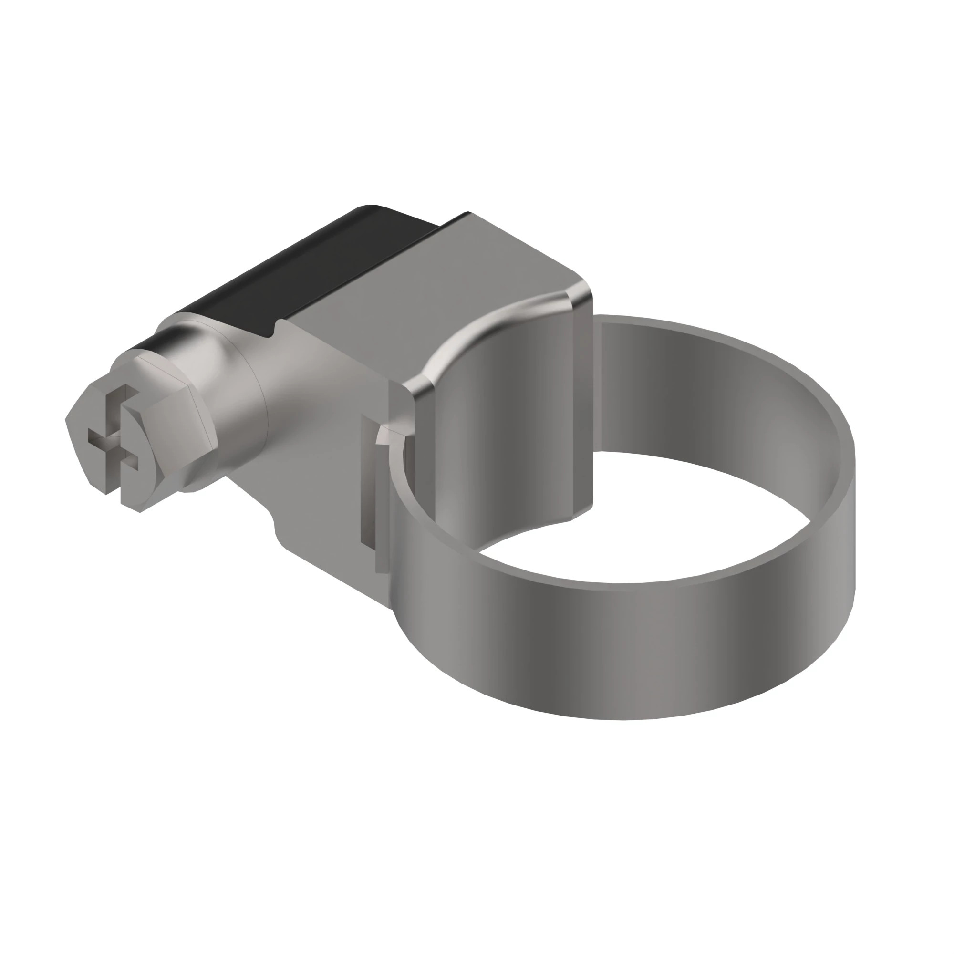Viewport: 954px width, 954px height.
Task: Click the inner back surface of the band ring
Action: point(716,390)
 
